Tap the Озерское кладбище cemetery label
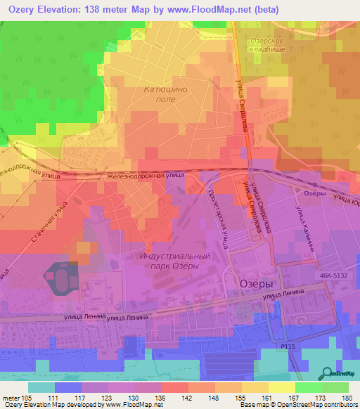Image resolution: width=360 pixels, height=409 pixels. click(x=268, y=46)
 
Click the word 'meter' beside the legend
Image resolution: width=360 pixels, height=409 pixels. click(x=11, y=397)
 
